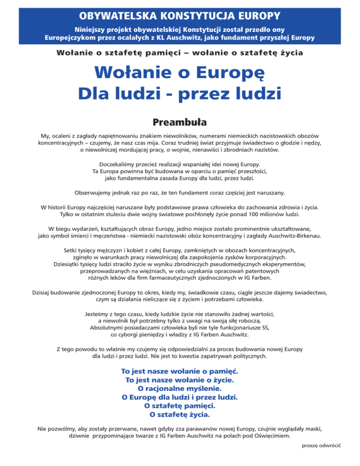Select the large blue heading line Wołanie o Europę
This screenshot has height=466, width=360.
[x=180, y=73]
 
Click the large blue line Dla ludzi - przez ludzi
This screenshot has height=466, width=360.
[x=180, y=93]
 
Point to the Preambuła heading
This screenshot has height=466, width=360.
[x=180, y=123]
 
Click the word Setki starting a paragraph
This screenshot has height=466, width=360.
[x=64, y=250]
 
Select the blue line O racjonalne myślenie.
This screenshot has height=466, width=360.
[x=180, y=388]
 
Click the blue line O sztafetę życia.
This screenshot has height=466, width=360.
[x=180, y=414]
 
